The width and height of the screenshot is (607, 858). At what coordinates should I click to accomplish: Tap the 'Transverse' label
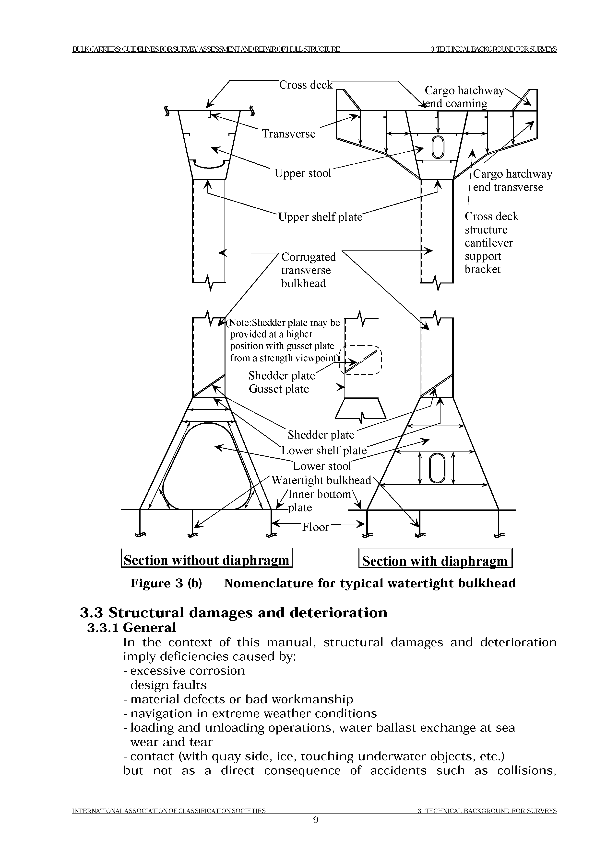coord(288,134)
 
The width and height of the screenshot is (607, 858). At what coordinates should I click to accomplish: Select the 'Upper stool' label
coord(303,173)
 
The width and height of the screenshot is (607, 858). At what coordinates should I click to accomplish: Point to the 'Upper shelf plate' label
coord(320,217)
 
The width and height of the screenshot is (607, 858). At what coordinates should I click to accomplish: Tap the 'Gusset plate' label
coord(279,389)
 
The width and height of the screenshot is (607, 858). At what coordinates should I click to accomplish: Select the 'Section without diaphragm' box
coord(206,561)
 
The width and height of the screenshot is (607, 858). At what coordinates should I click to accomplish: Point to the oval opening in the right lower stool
coord(436,468)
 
